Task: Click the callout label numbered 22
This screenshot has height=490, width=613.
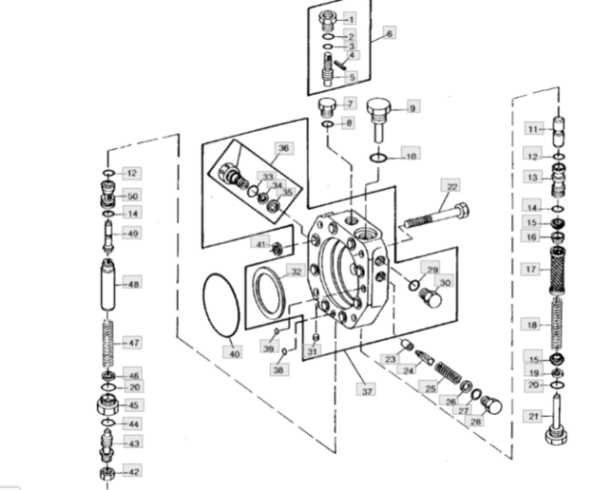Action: (450, 186)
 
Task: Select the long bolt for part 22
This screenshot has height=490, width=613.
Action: (436, 216)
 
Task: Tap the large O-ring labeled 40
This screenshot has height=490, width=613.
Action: (220, 306)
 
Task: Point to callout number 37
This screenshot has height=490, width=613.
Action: (366, 389)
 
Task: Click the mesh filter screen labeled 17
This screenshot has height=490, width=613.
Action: (557, 271)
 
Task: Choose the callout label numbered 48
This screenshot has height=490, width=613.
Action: (133, 283)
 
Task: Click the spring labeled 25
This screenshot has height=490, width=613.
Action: (448, 373)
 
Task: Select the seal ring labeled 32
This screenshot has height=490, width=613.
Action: (269, 292)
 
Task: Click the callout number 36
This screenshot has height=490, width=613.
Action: (284, 148)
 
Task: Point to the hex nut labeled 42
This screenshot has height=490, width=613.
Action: (107, 473)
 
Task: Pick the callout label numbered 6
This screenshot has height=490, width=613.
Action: (390, 33)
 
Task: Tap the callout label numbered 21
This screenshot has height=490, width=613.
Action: (533, 416)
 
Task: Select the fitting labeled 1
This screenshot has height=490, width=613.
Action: (327, 22)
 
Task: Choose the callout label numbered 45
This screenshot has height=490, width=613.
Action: (134, 405)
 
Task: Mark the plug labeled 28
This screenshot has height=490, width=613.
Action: (491, 405)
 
